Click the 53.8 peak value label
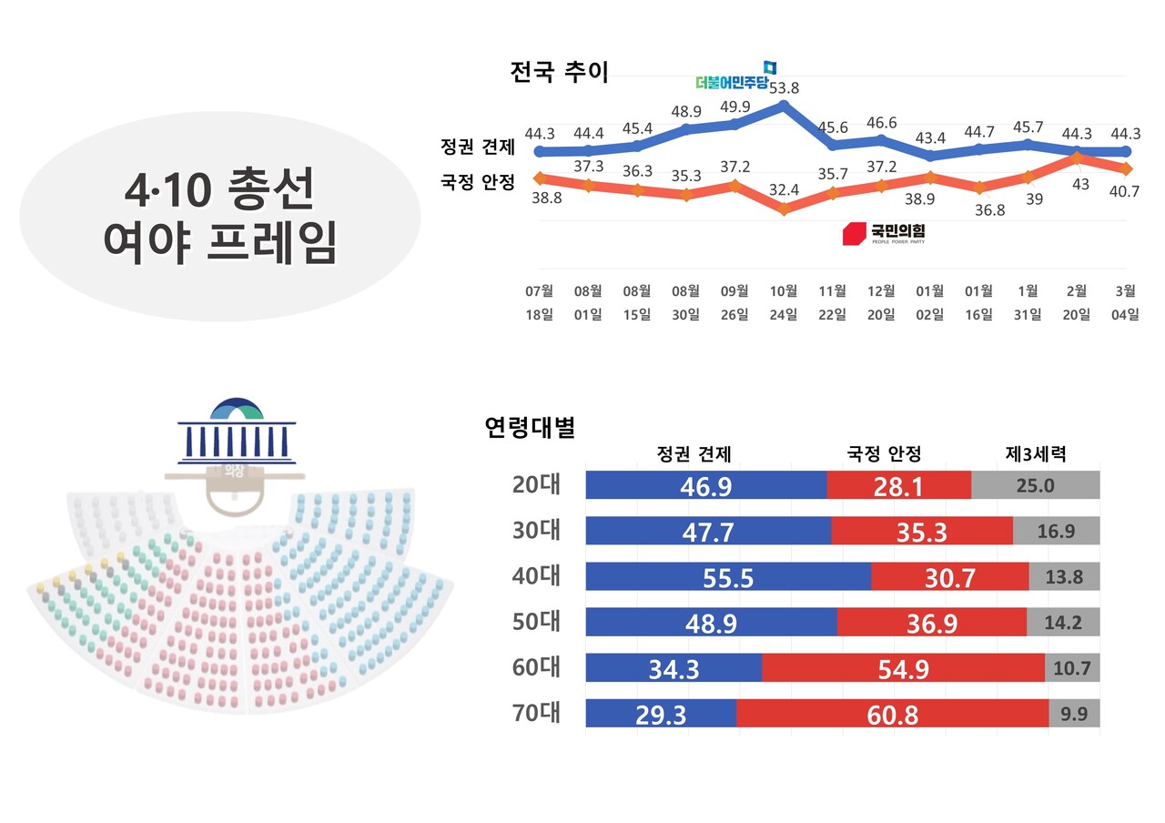coord(784,88)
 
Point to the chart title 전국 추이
coord(559,72)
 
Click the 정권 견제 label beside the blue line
coord(478,147)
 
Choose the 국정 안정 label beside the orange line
coord(478,181)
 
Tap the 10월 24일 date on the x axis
coord(784,302)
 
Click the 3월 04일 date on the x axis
coord(1125,302)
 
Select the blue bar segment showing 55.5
coord(727,576)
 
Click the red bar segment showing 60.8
coord(892,714)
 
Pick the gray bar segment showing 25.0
coord(1035,485)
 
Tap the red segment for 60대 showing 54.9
coord(903,668)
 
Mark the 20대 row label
coord(536,485)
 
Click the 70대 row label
coord(536,713)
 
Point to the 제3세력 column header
coord(1035,453)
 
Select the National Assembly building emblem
coord(236,430)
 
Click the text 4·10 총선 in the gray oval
coord(219,188)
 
